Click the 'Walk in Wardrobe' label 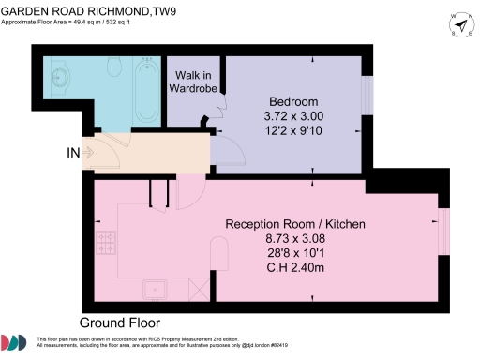click(192, 82)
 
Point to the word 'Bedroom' click(293, 101)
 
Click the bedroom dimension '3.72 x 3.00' click(293, 117)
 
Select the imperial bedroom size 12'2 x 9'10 click(293, 132)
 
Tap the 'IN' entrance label click(72, 152)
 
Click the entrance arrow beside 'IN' click(90, 152)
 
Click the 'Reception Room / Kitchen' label click(294, 224)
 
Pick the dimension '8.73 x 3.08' click(293, 239)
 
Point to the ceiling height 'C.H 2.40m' click(293, 269)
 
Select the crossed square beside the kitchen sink click(197, 288)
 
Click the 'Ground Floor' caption click(121, 320)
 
